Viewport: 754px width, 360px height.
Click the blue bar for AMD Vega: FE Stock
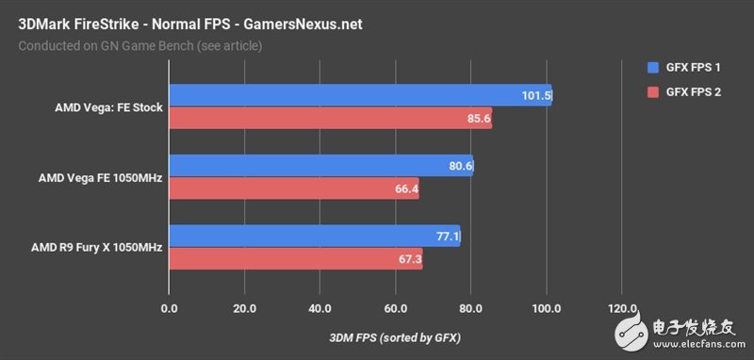point(358,95)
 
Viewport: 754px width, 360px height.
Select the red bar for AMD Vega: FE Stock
point(330,119)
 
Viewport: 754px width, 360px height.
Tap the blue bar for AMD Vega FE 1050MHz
point(320,166)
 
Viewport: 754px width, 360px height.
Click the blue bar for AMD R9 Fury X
point(314,236)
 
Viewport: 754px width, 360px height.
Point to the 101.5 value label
point(534,95)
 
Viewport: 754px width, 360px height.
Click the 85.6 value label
point(476,119)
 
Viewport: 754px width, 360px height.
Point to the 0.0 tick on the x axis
point(170,308)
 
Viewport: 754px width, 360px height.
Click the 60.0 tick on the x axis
point(396,308)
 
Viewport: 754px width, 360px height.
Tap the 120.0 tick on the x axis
point(622,308)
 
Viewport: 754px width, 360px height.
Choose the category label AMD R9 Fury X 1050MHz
point(100,248)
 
